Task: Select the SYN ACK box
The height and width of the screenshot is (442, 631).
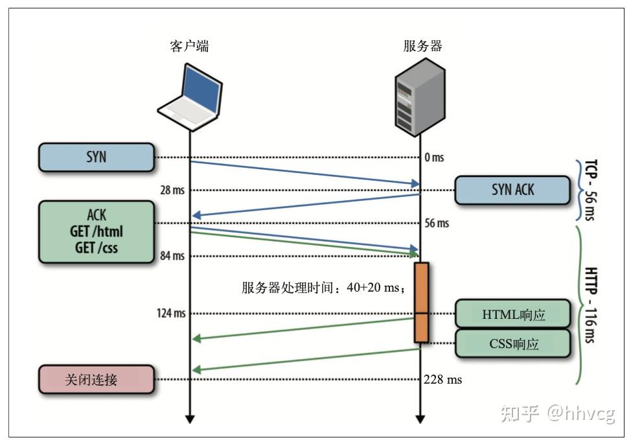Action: tap(512, 191)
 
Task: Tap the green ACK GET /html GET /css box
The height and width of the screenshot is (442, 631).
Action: tap(97, 231)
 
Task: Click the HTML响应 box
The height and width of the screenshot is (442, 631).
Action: tap(514, 315)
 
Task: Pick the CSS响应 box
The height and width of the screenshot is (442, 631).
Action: tap(514, 343)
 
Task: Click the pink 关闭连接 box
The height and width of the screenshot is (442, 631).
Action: tap(97, 380)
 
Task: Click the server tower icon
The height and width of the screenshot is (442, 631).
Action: tap(421, 95)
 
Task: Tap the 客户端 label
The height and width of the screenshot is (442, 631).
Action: tap(189, 46)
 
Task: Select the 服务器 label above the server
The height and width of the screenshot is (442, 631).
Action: tap(422, 46)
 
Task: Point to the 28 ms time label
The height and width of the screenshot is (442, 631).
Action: tap(172, 191)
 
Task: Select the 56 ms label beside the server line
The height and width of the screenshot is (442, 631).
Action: tap(437, 224)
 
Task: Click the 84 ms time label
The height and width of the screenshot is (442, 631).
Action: tap(172, 256)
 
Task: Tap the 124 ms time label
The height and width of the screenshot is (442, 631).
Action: tap(170, 314)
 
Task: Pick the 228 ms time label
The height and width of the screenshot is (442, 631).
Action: tap(443, 380)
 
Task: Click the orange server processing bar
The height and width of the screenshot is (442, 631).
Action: tap(421, 301)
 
